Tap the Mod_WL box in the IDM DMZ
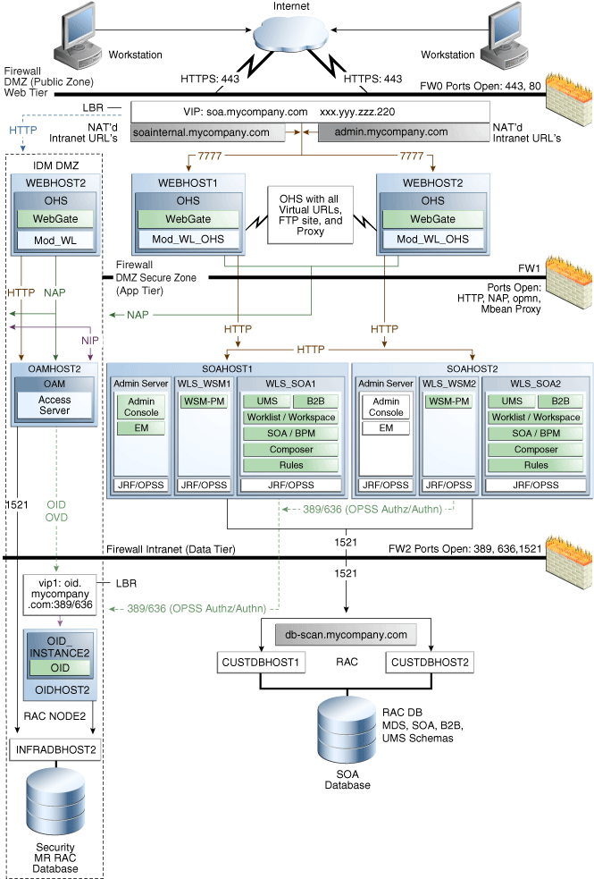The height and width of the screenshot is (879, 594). pos(56,240)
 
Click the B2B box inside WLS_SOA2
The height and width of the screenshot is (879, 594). pos(560,401)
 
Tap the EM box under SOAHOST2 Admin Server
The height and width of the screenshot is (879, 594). pos(386,428)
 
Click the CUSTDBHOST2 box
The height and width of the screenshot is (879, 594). pos(429,663)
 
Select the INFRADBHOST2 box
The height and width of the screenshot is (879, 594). pos(55,748)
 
